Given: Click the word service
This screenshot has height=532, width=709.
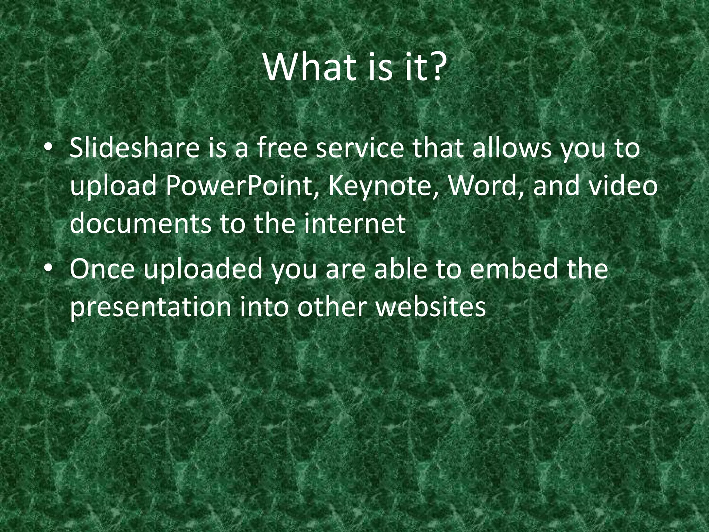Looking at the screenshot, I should (360, 148).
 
